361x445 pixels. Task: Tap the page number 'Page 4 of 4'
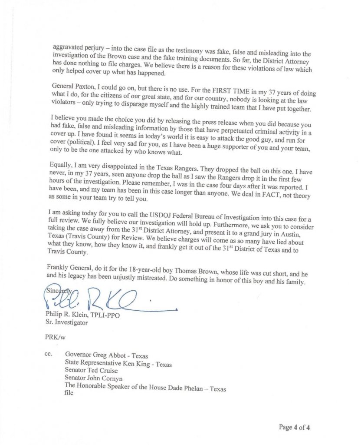click(x=295, y=427)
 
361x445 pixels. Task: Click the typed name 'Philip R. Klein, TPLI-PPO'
click(x=82, y=315)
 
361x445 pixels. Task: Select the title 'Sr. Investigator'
click(x=66, y=323)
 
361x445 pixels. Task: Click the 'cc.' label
click(x=48, y=354)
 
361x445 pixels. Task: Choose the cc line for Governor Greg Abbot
click(x=106, y=356)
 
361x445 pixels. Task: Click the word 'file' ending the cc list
click(x=69, y=394)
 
